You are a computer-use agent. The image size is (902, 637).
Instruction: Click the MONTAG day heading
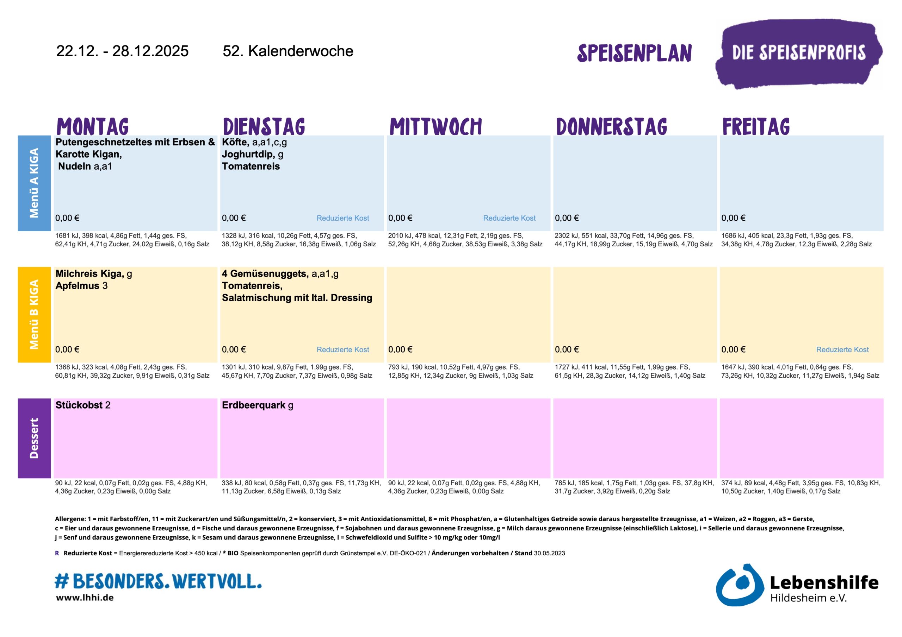[x=93, y=126]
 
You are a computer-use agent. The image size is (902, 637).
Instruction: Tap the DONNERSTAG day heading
[x=611, y=126]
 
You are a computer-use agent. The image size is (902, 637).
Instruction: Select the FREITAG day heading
[x=756, y=126]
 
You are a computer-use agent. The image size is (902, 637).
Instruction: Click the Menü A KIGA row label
[x=34, y=183]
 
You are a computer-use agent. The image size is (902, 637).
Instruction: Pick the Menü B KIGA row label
[x=34, y=314]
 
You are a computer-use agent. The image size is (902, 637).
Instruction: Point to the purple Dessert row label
[x=34, y=438]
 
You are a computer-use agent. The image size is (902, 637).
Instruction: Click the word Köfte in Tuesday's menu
[x=235, y=142]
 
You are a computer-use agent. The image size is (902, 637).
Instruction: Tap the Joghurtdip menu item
[x=248, y=154]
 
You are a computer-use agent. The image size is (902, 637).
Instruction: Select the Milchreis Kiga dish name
[x=89, y=273]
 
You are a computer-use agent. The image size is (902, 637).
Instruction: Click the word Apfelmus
[x=78, y=286]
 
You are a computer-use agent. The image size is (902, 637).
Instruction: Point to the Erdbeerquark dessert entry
[x=253, y=405]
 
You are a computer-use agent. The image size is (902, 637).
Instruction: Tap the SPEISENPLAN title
[x=634, y=53]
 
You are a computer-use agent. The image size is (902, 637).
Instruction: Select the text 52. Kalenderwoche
[x=288, y=51]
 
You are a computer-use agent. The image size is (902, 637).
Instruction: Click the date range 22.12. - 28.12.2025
[x=122, y=51]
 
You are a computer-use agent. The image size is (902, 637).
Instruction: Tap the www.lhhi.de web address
[x=85, y=598]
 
